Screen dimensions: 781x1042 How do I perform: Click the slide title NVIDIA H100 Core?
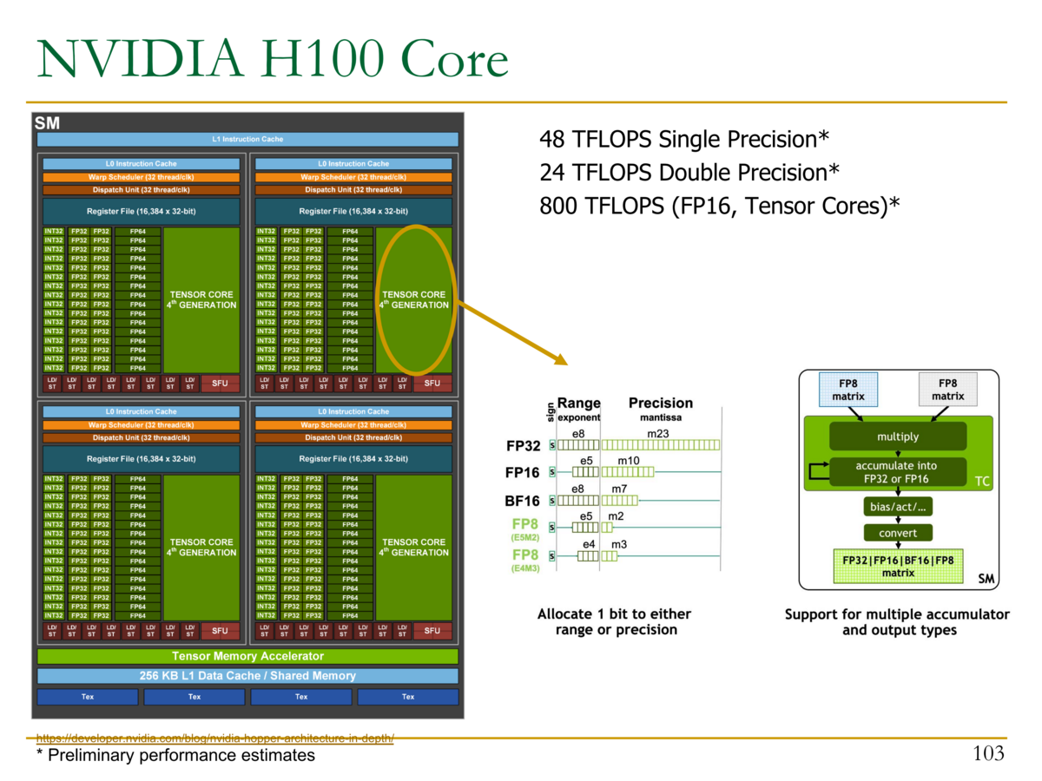[272, 60]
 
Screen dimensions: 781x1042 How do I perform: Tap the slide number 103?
[988, 752]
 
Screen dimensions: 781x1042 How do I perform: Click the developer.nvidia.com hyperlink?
[215, 738]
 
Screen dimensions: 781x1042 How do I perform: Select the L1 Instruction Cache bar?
[247, 139]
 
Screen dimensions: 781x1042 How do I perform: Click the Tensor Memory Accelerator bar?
[247, 656]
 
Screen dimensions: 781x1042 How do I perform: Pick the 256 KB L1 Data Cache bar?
[247, 676]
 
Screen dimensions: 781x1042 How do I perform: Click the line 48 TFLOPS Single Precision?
[684, 139]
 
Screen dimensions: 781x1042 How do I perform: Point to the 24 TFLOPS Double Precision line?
[689, 173]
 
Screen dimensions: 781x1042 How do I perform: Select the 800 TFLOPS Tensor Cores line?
[719, 206]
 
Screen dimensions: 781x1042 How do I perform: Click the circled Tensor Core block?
[414, 299]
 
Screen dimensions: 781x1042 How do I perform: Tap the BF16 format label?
[523, 501]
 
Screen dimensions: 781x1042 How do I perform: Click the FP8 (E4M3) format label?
[524, 560]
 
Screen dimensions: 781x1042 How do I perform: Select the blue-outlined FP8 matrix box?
[848, 390]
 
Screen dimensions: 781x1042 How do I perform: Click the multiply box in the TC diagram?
[897, 436]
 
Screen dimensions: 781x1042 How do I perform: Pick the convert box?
[897, 533]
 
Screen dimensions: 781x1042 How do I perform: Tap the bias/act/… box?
[897, 506]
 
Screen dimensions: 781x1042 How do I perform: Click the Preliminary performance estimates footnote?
[175, 756]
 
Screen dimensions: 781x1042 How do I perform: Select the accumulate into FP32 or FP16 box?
[897, 472]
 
